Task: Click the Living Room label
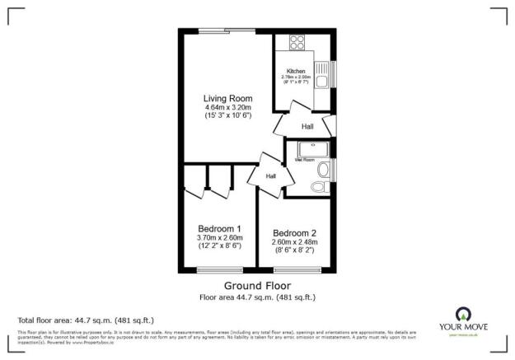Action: tap(228, 99)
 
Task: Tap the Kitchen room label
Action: tap(296, 72)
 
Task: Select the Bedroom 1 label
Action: tap(219, 228)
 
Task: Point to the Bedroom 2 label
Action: tap(295, 233)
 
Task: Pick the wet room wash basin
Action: tap(326, 170)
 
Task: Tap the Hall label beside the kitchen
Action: tap(307, 127)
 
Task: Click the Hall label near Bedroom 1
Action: tap(269, 176)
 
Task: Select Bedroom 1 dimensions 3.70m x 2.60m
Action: tap(219, 238)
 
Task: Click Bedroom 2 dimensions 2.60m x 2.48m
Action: tap(295, 242)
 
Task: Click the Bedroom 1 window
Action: tap(218, 271)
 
